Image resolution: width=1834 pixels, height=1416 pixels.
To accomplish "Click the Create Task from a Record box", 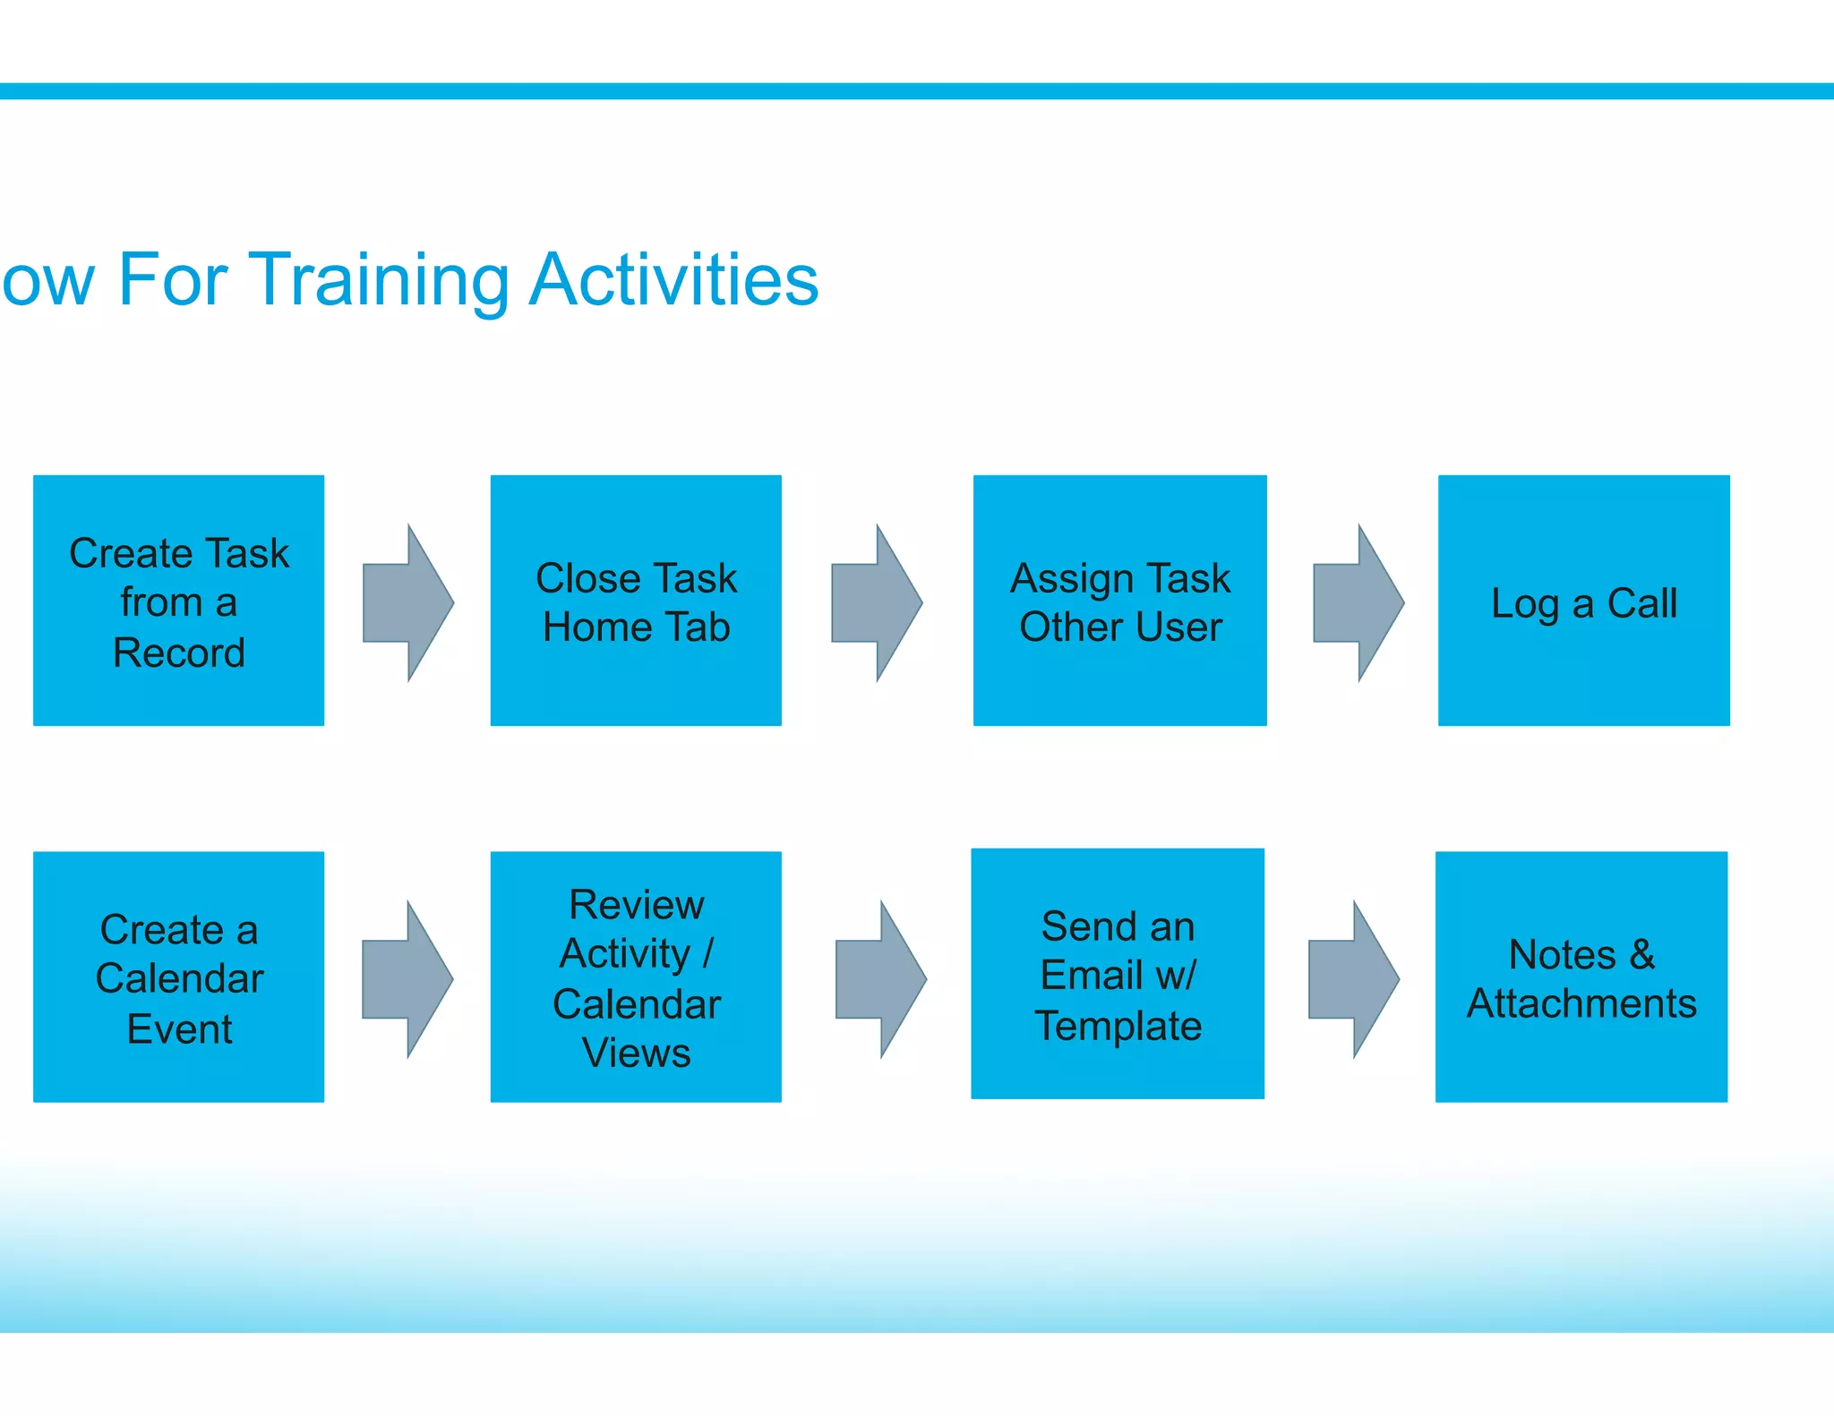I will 178,601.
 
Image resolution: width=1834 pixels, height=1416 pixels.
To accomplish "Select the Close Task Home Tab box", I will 636,601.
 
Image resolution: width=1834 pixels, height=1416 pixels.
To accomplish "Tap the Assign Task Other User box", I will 1119,601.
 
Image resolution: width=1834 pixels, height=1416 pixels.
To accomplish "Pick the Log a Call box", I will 1583,601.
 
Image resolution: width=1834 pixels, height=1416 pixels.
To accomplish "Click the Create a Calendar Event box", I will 178,977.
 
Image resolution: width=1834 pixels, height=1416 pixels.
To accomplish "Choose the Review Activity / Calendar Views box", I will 636,977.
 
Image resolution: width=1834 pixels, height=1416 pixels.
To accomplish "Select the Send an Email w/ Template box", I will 1118,974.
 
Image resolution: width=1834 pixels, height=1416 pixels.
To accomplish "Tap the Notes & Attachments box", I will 1581,977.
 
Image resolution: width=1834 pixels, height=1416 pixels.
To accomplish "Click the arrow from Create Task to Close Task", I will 407,603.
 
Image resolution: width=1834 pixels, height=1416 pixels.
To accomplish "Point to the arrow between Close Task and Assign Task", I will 877,603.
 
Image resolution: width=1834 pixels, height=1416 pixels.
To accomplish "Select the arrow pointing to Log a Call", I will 1358,603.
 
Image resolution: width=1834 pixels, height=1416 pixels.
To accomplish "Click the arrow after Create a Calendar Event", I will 407,979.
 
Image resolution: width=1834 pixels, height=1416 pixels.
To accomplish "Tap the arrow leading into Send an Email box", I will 880,979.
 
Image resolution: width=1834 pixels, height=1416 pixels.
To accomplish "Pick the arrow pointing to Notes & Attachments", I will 1353,979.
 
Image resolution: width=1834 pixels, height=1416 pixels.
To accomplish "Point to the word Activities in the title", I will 673,279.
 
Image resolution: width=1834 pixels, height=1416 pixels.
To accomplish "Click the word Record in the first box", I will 178,653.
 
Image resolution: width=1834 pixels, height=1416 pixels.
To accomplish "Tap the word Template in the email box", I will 1118,1026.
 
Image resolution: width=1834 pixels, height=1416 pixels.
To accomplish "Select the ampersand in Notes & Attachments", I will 1641,954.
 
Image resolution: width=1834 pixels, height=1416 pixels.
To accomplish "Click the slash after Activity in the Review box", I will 707,953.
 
